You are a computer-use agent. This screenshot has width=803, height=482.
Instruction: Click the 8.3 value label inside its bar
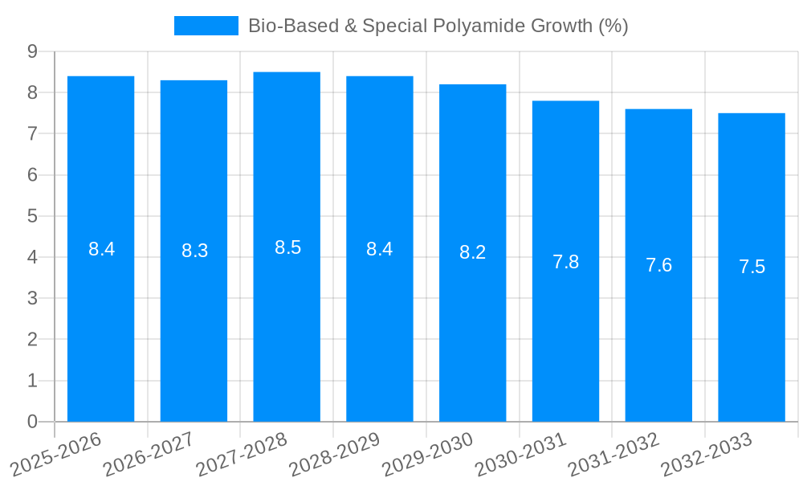[194, 251]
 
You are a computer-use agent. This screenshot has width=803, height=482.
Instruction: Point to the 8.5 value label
[287, 247]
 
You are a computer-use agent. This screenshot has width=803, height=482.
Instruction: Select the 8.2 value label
[472, 252]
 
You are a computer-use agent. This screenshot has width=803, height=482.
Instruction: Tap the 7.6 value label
[658, 265]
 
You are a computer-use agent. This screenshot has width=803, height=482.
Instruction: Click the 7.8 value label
[565, 262]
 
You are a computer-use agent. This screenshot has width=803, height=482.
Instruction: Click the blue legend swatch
[206, 26]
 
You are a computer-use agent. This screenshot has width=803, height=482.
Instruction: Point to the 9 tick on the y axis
[32, 51]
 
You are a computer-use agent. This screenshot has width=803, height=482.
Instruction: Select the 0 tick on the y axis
[32, 422]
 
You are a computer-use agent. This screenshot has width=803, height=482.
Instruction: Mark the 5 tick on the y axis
[32, 216]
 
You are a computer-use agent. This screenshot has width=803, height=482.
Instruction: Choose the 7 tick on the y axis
[32, 133]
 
